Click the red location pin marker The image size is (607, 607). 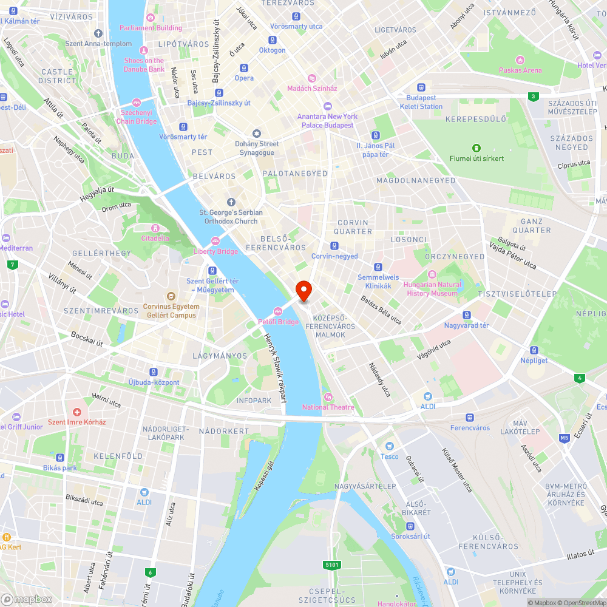click(303, 291)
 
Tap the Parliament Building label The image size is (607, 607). click(151, 28)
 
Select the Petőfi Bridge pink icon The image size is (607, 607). click(279, 311)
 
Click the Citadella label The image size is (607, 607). click(155, 238)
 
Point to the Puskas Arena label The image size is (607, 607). click(520, 70)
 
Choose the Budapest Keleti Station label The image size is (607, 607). click(421, 102)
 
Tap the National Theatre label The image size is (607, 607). click(328, 407)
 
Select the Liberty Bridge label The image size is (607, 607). click(215, 251)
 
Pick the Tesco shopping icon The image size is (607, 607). click(390, 446)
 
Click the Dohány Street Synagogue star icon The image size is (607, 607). click(256, 134)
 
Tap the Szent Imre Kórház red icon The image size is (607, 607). click(77, 412)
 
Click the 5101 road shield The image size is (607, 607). click(332, 565)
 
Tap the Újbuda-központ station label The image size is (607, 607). click(154, 382)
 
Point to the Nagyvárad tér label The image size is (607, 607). click(466, 325)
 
